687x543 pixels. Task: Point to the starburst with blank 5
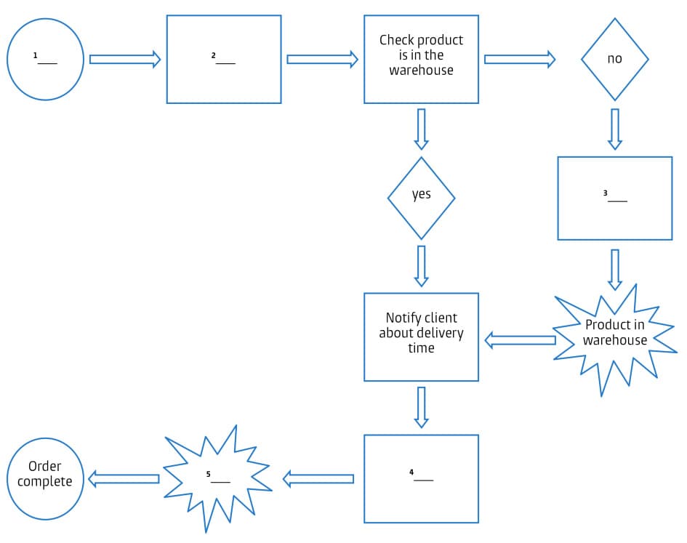point(217,478)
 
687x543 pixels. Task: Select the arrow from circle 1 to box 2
point(125,59)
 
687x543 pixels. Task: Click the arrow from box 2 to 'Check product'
point(323,59)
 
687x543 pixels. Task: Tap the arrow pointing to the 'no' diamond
point(520,59)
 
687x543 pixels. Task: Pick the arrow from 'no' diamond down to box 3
point(615,129)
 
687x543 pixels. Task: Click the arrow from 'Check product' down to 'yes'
point(421,129)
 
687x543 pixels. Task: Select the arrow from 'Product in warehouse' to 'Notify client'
point(520,340)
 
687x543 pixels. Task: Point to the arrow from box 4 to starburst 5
point(318,478)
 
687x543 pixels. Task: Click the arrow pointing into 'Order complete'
point(124,478)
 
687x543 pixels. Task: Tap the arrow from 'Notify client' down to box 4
point(421,408)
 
